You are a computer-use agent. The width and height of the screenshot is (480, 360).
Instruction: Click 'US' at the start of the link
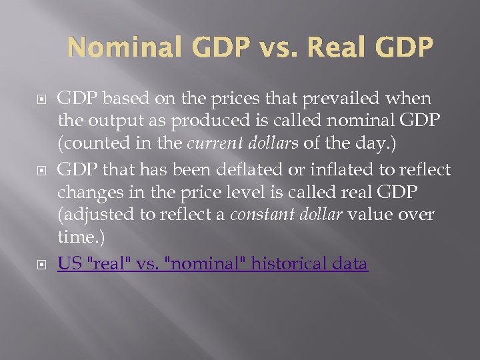point(68,263)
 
